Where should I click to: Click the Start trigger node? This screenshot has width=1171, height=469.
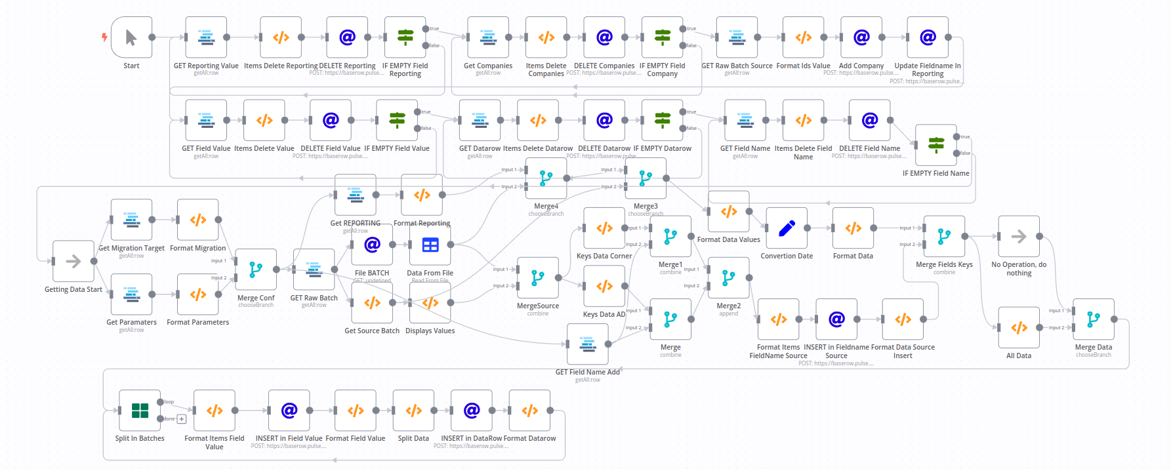131,37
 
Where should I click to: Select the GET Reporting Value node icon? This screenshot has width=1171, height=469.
206,37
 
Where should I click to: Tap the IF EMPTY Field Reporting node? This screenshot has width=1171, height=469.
405,37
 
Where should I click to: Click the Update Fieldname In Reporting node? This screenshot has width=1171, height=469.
928,37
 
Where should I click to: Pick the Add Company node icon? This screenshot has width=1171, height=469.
861,37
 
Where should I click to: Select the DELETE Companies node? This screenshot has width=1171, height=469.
604,37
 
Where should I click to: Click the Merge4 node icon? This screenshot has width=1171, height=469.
546,178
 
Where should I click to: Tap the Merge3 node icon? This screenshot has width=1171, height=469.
646,178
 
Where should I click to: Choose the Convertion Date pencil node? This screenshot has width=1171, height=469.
787,228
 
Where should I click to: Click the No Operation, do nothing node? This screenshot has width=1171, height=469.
1019,236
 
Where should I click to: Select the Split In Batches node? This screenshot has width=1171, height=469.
140,411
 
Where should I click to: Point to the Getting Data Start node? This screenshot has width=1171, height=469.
73,261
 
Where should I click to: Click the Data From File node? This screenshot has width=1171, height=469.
430,245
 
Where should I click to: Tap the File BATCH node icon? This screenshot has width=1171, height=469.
372,245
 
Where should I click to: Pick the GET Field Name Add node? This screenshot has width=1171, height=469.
588,344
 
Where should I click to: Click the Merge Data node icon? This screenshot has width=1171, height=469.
1094,319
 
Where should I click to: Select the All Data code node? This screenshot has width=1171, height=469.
1019,327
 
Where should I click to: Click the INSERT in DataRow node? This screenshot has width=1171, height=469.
472,411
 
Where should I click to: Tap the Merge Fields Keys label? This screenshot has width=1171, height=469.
944,264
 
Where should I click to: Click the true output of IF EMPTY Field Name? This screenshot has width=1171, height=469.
956,137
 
